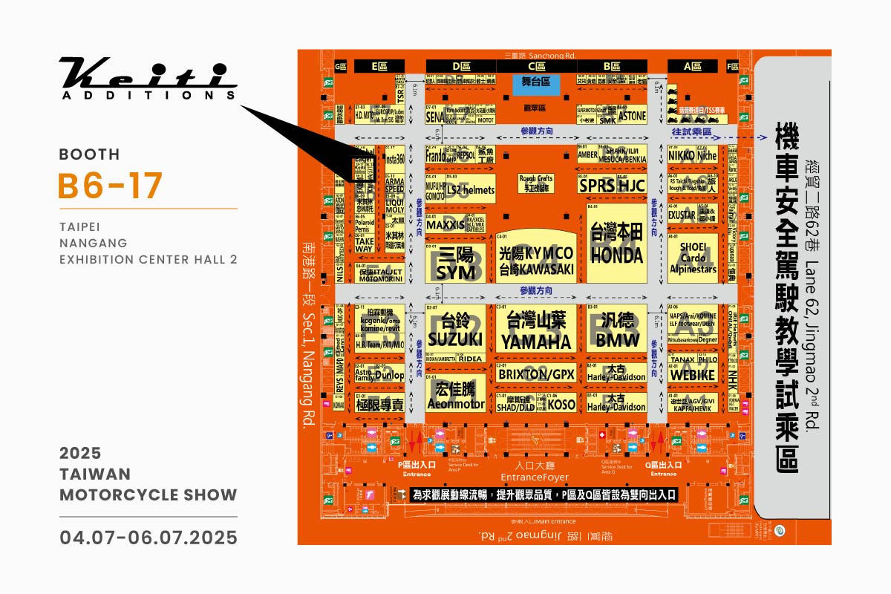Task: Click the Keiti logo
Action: (148, 78)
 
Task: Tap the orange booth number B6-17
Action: (110, 186)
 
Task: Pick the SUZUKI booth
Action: (454, 330)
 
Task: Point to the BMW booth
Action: (616, 330)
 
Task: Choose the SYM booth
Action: (454, 264)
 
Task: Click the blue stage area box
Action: (535, 83)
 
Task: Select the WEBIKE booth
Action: (692, 375)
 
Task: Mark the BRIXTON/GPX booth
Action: (535, 376)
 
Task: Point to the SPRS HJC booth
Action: (613, 185)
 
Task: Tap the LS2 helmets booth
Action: (469, 190)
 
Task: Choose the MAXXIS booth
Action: (445, 223)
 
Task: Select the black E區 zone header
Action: (379, 66)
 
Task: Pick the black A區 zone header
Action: (692, 66)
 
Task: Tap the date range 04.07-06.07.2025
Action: (148, 537)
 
